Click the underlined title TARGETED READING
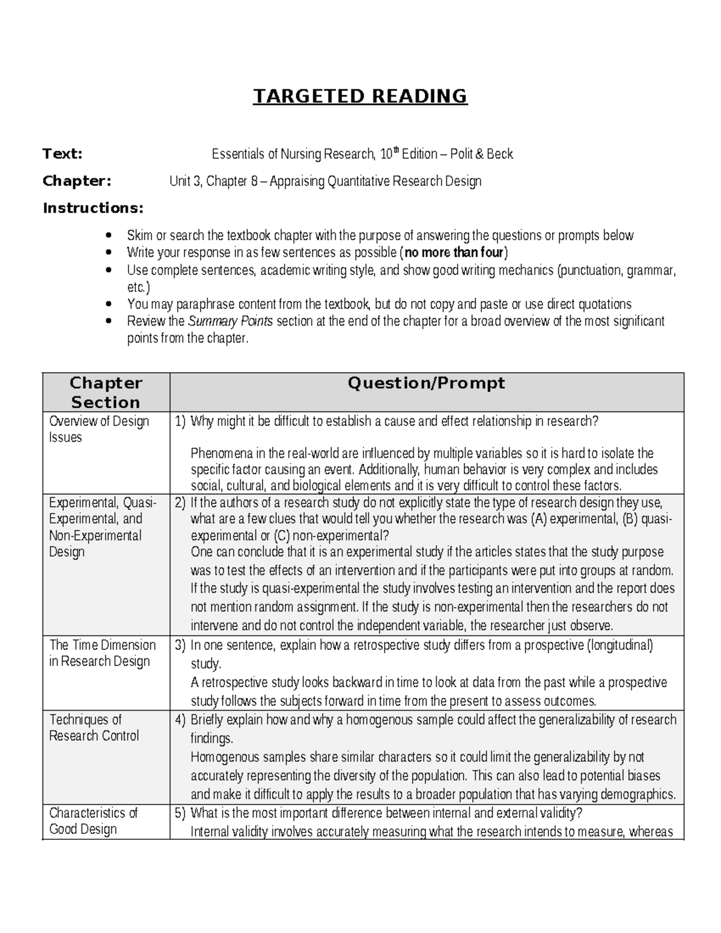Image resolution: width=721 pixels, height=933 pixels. point(360,96)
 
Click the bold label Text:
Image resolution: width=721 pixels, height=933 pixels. point(62,154)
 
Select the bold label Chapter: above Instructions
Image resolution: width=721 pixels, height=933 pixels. point(76,181)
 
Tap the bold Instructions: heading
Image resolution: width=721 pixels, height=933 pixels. point(93,208)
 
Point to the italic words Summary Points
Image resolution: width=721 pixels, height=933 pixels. point(230,321)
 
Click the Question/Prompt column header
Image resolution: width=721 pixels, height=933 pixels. point(426,383)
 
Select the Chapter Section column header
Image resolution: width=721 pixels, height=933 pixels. point(106,392)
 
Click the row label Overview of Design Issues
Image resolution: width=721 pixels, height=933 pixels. point(99,429)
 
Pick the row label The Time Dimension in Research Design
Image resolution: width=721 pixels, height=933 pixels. point(102,653)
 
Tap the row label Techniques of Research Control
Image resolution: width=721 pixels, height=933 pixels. point(93,728)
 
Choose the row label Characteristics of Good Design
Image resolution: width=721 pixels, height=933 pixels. point(93,821)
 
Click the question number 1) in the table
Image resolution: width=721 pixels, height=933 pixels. point(180,422)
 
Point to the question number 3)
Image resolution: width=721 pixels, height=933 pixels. point(180,646)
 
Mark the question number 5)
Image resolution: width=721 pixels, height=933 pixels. point(180,813)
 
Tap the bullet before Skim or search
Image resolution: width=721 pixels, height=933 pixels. point(108,236)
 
